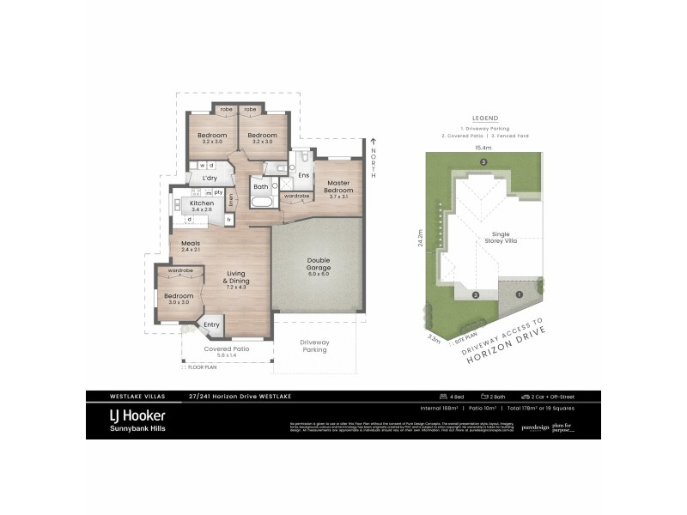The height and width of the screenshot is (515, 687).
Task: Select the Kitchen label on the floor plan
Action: (202, 203)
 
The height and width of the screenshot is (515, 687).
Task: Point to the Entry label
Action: (211, 324)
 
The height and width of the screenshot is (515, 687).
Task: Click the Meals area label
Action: (191, 244)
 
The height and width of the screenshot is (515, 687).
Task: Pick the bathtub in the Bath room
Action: (261, 203)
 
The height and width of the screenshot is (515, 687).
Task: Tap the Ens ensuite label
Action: (303, 175)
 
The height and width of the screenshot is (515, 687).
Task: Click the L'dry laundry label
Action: (210, 178)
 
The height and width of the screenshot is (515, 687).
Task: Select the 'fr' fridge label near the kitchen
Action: (229, 219)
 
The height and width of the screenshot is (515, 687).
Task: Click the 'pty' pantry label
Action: (219, 192)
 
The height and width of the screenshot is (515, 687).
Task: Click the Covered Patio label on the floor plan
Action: (226, 349)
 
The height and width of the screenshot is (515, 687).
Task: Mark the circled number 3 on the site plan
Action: (484, 162)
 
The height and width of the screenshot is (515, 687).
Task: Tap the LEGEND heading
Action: (485, 118)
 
